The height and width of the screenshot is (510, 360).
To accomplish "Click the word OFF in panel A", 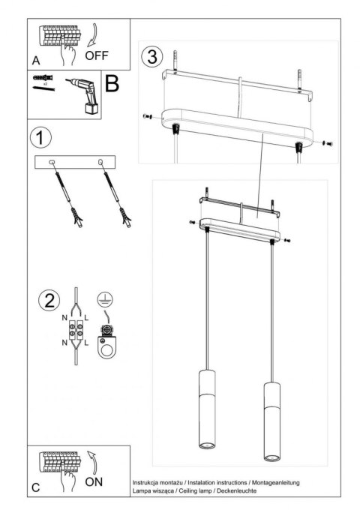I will point(97,55).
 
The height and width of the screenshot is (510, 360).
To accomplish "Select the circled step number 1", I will point(41,138).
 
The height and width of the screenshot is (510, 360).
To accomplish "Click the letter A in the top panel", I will point(36,58).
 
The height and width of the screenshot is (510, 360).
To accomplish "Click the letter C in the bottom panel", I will point(36,487).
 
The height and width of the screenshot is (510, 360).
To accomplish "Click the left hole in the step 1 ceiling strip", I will point(52,162).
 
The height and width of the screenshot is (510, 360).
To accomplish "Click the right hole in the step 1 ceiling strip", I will point(100,162).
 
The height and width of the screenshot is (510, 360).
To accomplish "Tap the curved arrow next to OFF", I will point(92,36).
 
